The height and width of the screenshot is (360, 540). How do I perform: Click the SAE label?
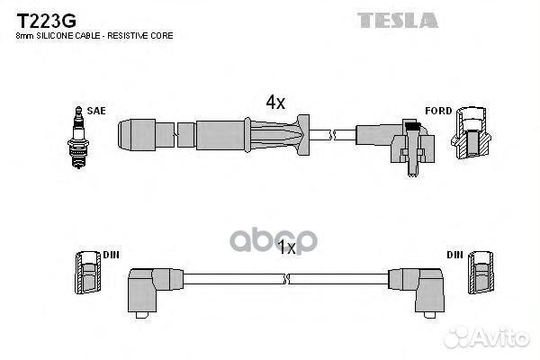(96, 110)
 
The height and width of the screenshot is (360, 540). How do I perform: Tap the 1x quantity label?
(286, 247)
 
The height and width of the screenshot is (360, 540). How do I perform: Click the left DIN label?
(111, 255)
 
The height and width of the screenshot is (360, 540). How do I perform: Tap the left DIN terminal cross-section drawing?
(87, 273)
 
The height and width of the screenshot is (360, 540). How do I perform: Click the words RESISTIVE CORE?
(147, 35)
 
